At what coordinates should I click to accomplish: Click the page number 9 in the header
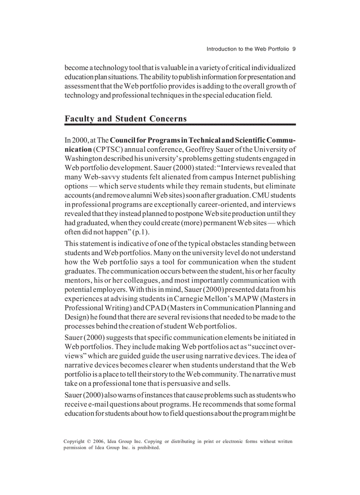pyautogui.click(x=294, y=49)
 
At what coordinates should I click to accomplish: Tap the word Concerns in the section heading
pyautogui.click(x=168, y=119)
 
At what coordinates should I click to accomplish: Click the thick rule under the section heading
pyautogui.click(x=180, y=125)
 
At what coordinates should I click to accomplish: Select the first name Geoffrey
pyautogui.click(x=204, y=149)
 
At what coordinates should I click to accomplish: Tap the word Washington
pyautogui.click(x=85, y=159)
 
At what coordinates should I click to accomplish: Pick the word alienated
pyautogui.click(x=171, y=177)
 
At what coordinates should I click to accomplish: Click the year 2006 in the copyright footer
pyautogui.click(x=100, y=441)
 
